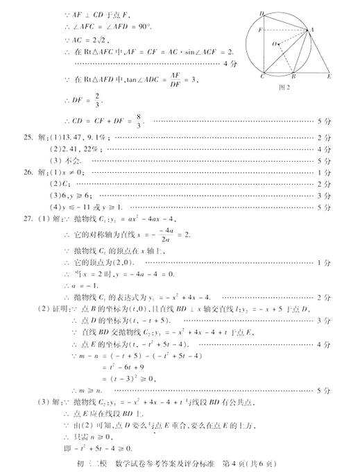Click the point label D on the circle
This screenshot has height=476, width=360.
(262, 13)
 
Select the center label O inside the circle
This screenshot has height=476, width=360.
(275, 44)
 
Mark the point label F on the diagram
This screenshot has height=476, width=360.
(259, 31)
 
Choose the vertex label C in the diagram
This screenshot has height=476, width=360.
(262, 77)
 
